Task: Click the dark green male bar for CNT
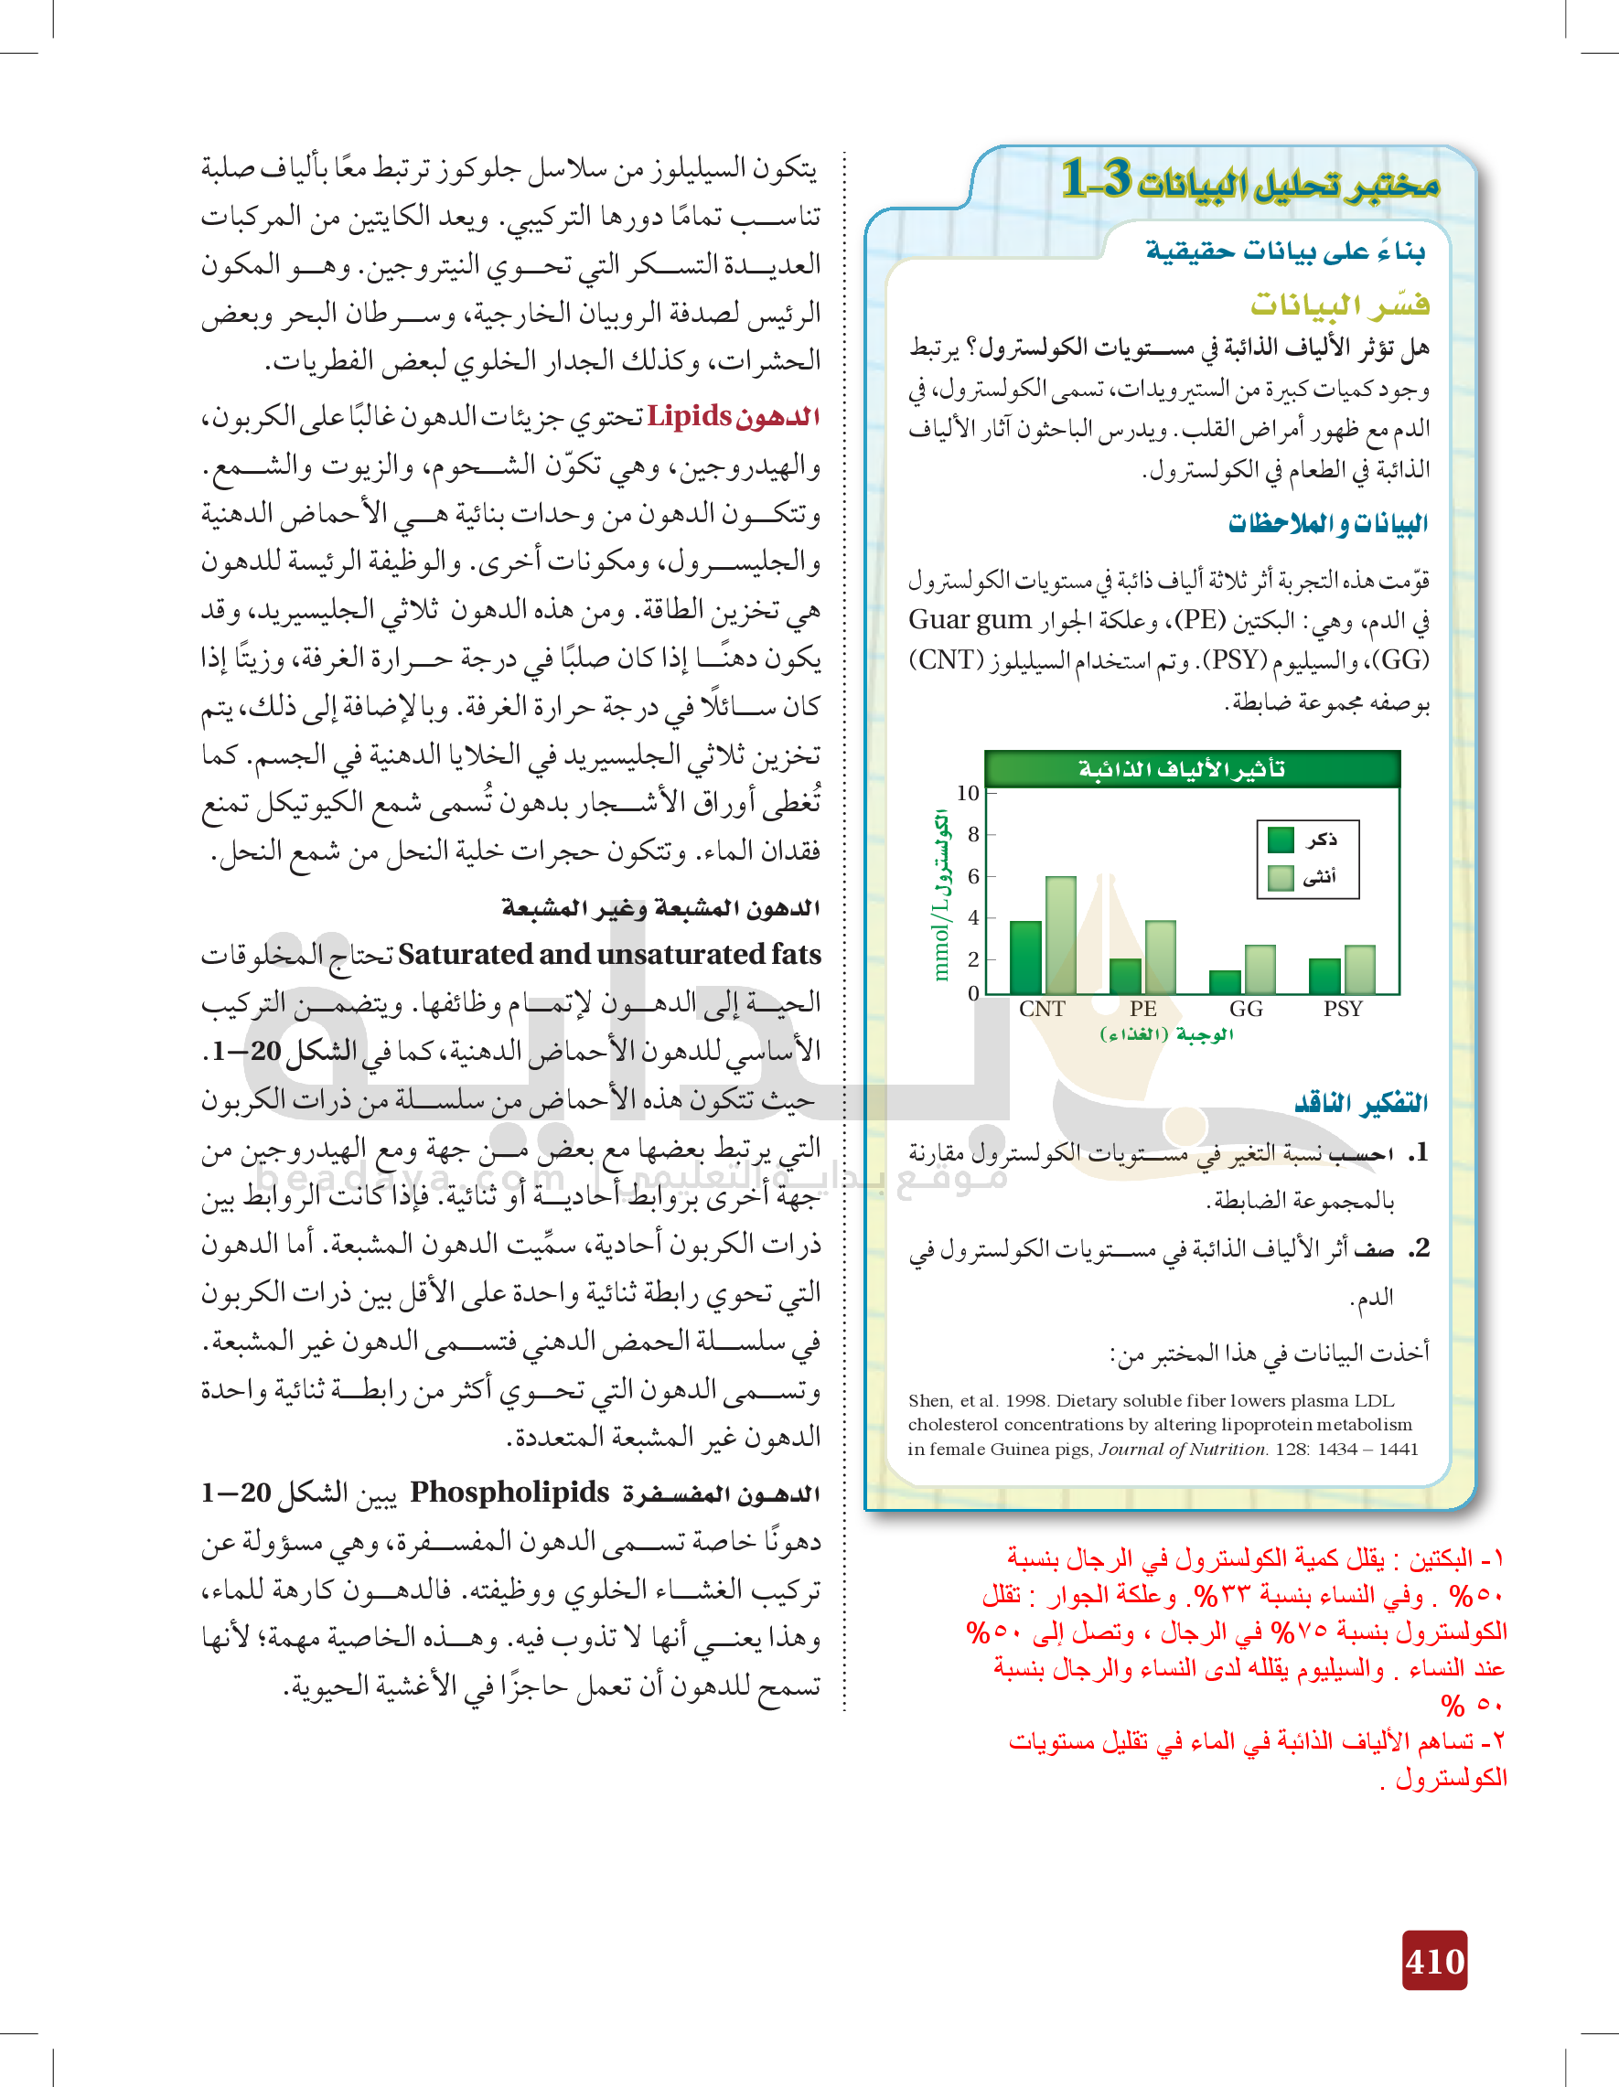point(1025,958)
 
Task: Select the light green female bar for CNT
point(1061,936)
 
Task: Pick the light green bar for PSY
point(1360,970)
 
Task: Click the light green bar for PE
point(1160,958)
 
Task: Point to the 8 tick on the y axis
point(974,834)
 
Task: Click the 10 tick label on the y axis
point(967,793)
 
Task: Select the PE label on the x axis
point(1143,1009)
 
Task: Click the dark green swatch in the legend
point(1281,840)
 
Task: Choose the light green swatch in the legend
point(1281,877)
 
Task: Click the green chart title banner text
point(1182,768)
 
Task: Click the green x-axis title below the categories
point(1167,1035)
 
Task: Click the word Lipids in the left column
point(689,417)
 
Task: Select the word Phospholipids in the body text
point(509,1492)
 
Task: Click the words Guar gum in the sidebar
point(970,620)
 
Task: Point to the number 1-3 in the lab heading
point(1098,178)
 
